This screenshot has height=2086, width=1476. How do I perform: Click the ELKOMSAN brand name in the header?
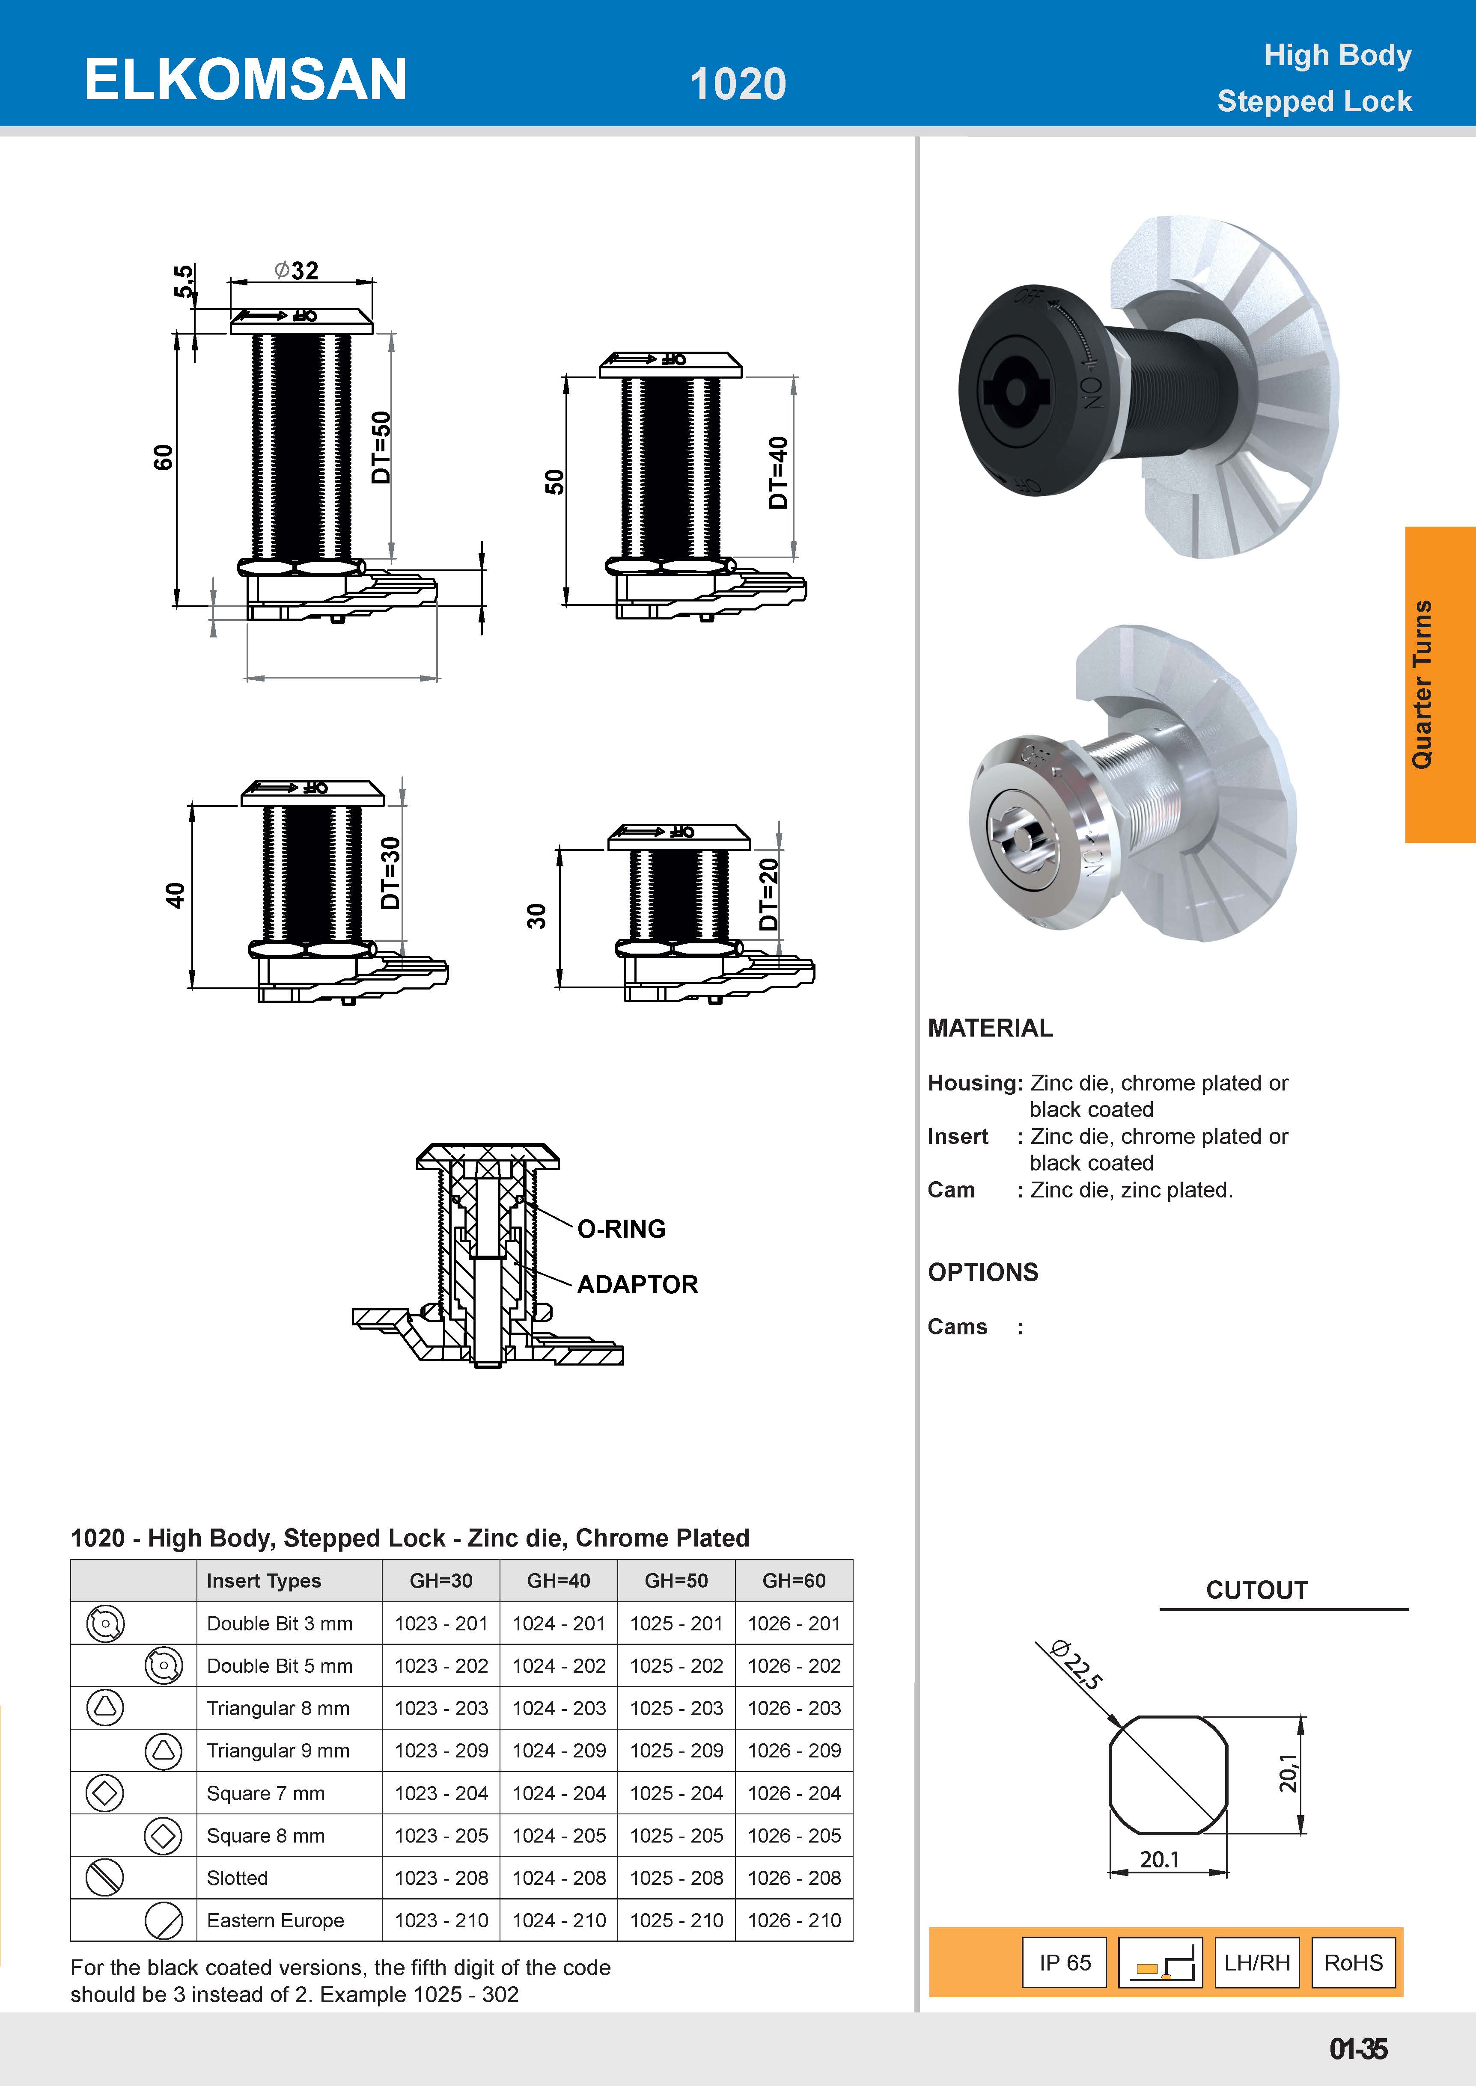(245, 80)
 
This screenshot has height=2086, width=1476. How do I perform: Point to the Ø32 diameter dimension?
(296, 271)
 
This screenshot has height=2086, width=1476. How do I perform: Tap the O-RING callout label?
(622, 1229)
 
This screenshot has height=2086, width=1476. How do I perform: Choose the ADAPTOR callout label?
(637, 1285)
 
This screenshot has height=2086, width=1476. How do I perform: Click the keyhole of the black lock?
(1016, 391)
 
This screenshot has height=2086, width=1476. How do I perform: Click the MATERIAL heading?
(990, 1028)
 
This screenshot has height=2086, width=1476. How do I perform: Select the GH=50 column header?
(676, 1581)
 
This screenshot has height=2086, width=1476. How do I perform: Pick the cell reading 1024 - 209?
(559, 1751)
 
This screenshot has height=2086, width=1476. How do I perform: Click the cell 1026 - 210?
(795, 1920)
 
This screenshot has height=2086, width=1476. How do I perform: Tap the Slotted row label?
(237, 1878)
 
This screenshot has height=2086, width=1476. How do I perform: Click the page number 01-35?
(1358, 2050)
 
